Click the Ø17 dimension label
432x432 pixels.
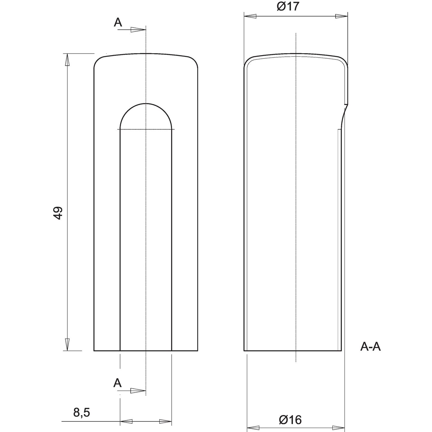tap(288, 6)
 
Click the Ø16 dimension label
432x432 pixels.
tap(290, 420)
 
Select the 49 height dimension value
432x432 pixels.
tap(58, 213)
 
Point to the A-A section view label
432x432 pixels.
tap(370, 347)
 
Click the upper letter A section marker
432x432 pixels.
tap(118, 22)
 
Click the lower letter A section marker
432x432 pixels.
tap(117, 383)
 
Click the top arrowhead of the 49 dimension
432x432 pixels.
tap(67, 60)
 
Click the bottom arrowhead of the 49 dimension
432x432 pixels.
tap(67, 344)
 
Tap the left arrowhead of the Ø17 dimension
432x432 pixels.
tap(250, 16)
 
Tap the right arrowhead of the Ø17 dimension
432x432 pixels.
tap(342, 16)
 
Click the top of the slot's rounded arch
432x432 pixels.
tap(146, 103)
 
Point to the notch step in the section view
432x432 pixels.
tap(346, 104)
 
